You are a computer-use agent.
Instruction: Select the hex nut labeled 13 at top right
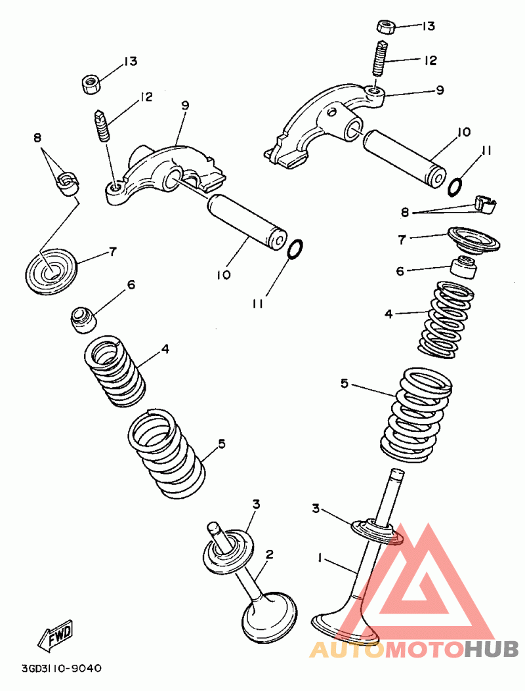tap(385, 27)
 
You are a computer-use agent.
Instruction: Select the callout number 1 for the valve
tap(320, 558)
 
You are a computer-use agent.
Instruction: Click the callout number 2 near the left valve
tap(269, 554)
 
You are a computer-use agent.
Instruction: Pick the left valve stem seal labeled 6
tap(83, 318)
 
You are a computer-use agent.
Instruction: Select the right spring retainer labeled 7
tap(472, 239)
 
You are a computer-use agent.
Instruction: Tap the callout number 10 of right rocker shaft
tap(464, 132)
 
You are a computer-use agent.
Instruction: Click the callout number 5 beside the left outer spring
tap(222, 444)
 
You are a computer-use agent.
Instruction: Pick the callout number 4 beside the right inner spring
tap(388, 314)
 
